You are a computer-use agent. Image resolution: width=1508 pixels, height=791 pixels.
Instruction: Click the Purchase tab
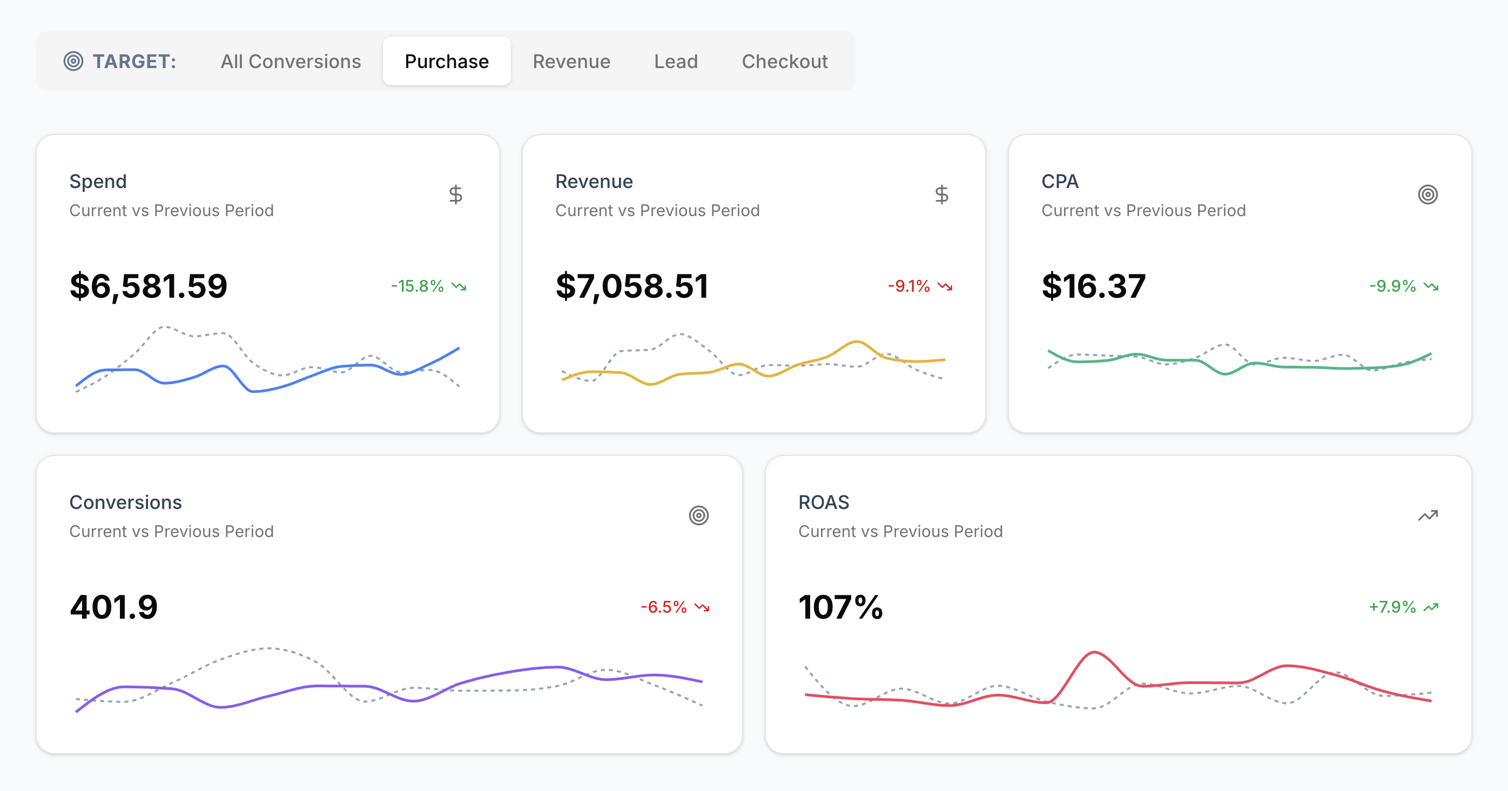tap(447, 62)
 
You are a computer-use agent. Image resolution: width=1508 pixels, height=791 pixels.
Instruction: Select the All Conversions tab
tap(291, 62)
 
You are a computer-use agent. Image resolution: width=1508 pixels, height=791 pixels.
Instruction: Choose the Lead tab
tap(676, 62)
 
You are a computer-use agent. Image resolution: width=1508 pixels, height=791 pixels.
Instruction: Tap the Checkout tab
tap(784, 62)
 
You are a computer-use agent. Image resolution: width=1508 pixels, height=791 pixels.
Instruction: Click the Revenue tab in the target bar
tap(571, 62)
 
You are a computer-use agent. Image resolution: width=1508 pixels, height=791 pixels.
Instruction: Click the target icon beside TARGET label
tap(73, 61)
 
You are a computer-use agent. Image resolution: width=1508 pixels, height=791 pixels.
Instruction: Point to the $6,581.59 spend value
tap(148, 286)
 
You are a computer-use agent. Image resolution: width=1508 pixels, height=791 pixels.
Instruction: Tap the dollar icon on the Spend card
tap(455, 195)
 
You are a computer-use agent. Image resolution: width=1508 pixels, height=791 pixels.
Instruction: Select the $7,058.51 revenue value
tap(631, 286)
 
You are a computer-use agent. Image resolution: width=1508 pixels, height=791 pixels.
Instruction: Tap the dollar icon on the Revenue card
tap(941, 195)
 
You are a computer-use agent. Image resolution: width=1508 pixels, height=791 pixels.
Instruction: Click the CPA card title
tap(1060, 182)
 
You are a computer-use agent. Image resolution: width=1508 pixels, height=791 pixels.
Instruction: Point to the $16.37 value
tap(1093, 286)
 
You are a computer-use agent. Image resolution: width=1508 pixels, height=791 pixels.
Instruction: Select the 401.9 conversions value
tap(113, 607)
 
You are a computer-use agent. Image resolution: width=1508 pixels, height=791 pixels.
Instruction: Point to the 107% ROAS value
tap(840, 607)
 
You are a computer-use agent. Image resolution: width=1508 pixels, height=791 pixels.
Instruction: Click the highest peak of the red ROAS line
tap(1094, 652)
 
